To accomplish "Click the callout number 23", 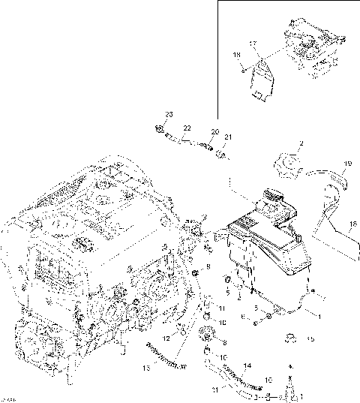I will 169,113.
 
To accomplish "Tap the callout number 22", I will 186,128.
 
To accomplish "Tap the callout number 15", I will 310,339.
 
